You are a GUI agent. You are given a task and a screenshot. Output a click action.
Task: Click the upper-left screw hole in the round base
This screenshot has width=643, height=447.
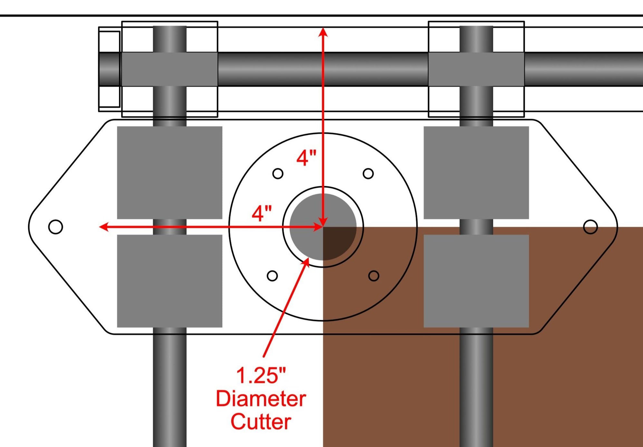pyautogui.click(x=278, y=174)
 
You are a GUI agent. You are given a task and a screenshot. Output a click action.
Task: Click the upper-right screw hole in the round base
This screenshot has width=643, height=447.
pyautogui.click(x=368, y=174)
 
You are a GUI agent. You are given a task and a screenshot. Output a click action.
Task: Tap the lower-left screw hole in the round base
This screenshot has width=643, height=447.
pyautogui.click(x=272, y=276)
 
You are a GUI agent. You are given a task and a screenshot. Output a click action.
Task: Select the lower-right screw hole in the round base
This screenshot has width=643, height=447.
pyautogui.click(x=374, y=276)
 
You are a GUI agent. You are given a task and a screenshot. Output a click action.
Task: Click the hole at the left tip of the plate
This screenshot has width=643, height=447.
pyautogui.click(x=55, y=227)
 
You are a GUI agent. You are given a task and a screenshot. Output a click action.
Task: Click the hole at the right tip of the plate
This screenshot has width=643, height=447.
pyautogui.click(x=590, y=227)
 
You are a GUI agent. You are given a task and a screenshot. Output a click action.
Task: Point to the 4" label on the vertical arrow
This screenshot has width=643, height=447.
pyautogui.click(x=306, y=158)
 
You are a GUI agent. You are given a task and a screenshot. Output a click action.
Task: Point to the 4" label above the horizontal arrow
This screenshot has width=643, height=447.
pyautogui.click(x=262, y=213)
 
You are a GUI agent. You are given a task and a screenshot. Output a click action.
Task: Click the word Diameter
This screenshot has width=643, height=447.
pyautogui.click(x=261, y=399)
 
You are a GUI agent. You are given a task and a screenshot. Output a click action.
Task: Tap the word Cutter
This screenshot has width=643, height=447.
pyautogui.click(x=261, y=422)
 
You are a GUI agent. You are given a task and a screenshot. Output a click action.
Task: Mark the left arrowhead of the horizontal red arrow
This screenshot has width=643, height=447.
pyautogui.click(x=103, y=227)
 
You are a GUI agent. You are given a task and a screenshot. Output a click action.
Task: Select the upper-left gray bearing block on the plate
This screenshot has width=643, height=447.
pyautogui.click(x=170, y=172)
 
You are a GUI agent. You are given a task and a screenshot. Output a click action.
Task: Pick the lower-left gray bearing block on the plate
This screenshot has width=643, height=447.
pyautogui.click(x=170, y=281)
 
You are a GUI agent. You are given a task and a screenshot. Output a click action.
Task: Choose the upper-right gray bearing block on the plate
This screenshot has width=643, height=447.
pyautogui.click(x=476, y=172)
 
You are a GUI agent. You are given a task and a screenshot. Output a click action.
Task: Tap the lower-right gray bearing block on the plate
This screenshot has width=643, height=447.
pyautogui.click(x=476, y=281)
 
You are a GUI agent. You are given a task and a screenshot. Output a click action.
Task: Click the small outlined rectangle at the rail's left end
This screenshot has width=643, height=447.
pyautogui.click(x=109, y=69)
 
